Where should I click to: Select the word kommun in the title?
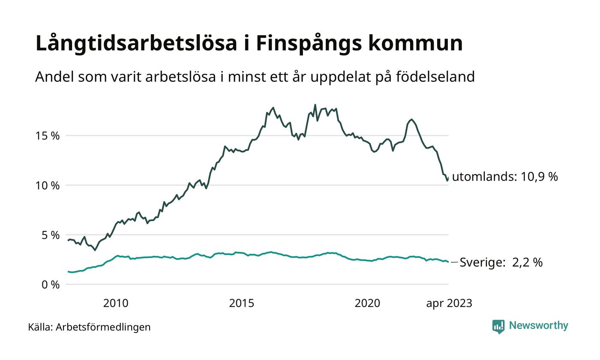coord(415,44)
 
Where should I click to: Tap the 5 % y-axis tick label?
coord(51,235)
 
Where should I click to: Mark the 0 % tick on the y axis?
coord(51,285)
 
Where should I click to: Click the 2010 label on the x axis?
coord(116,303)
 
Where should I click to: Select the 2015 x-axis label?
coord(242,303)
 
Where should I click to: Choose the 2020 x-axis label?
coord(367,303)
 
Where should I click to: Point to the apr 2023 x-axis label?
coord(449,303)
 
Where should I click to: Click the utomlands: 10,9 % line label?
coord(505,177)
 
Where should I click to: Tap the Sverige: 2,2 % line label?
coord(501,262)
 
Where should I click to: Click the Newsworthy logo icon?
coord(498,327)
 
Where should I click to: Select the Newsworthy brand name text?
coord(539,326)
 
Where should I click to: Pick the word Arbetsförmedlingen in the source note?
coord(103,327)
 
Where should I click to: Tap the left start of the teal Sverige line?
coord(68,271)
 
